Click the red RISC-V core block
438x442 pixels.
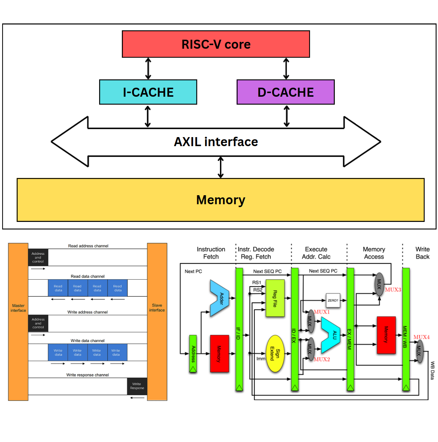[x=216, y=44]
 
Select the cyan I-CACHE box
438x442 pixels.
[x=148, y=92]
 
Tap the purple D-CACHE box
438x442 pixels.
[x=286, y=92]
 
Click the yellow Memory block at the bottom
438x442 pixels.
[x=220, y=200]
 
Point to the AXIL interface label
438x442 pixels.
[x=216, y=142]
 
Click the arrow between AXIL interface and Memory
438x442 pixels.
[x=221, y=167]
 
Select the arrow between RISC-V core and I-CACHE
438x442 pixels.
[x=148, y=69]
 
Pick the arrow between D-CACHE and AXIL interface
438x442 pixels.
[x=287, y=116]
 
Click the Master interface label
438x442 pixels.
[x=18, y=308]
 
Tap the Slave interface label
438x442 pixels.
[x=157, y=308]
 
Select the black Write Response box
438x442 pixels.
[x=137, y=386]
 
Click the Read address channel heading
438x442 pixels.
[x=88, y=246]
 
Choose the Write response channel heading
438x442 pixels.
[x=87, y=375]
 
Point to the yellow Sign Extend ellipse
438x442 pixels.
[x=275, y=354]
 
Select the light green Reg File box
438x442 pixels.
[x=275, y=298]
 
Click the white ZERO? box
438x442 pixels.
[x=333, y=300]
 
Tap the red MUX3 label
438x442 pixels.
[x=393, y=290]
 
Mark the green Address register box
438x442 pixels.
[x=193, y=354]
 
